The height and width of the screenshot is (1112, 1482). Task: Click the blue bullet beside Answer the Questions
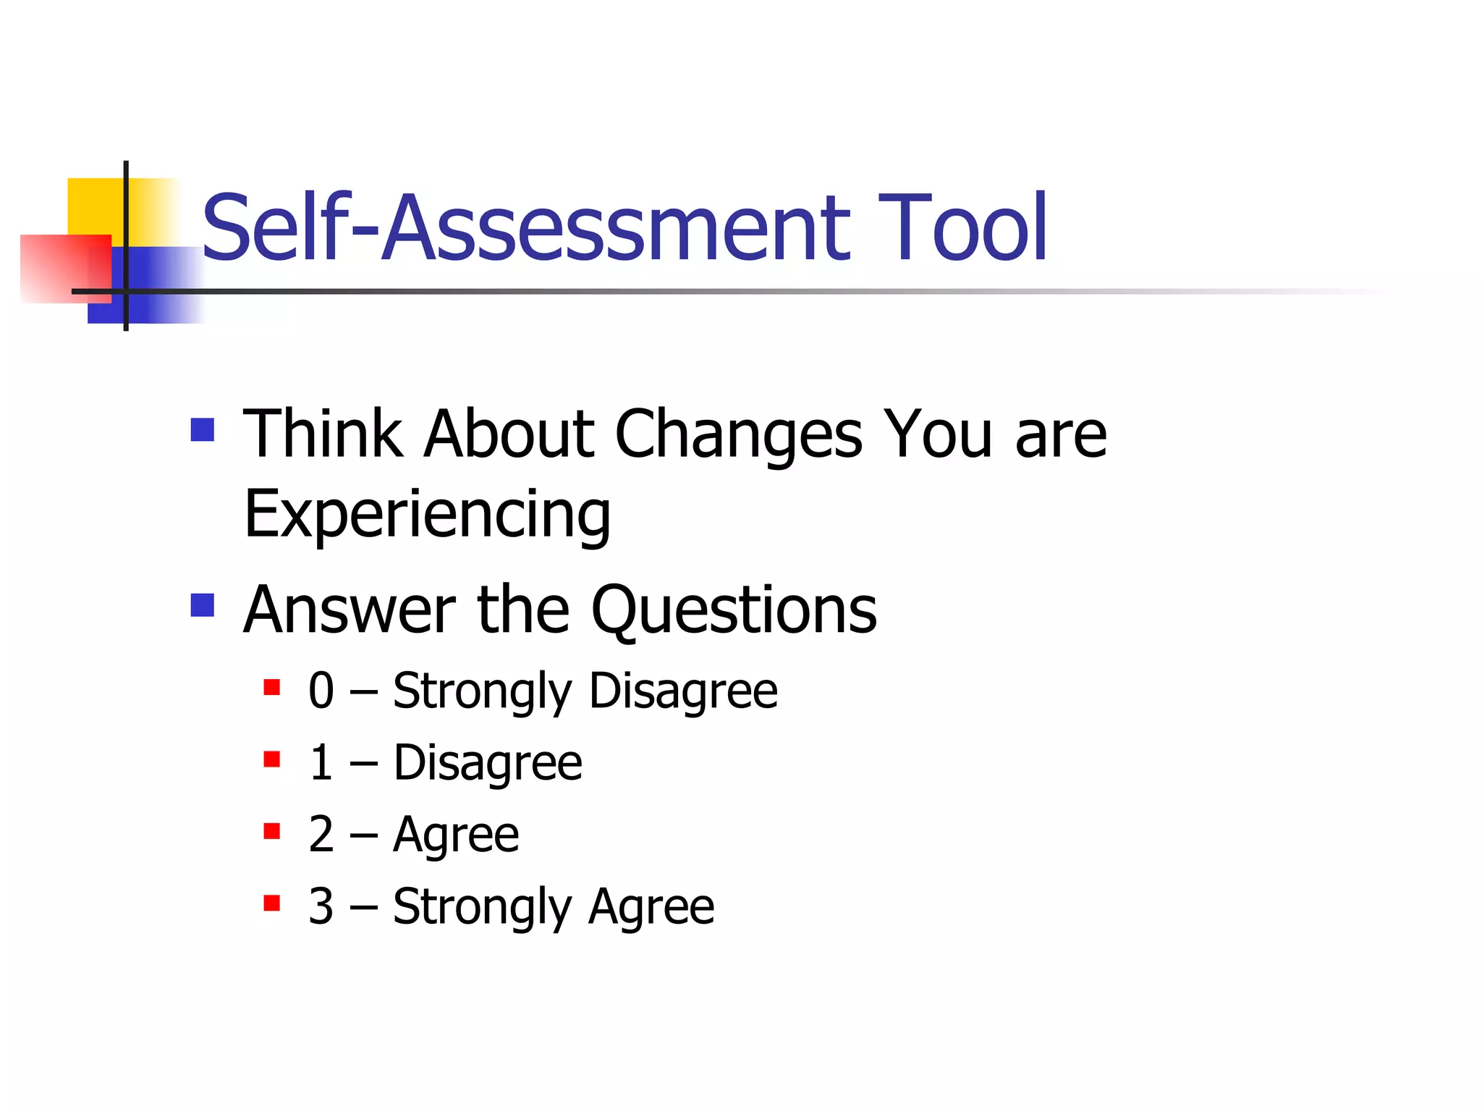coord(203,605)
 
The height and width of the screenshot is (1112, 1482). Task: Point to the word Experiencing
coord(427,514)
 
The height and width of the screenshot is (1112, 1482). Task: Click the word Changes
coord(738,434)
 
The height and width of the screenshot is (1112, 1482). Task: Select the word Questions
coord(734,610)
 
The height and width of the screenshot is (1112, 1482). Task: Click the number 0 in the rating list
coord(321,690)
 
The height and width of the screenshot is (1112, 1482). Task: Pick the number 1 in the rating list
coord(321,762)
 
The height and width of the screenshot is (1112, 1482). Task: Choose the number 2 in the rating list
coord(321,834)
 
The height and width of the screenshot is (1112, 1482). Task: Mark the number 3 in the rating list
coord(321,906)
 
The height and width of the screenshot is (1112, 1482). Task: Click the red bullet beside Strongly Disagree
coord(272,686)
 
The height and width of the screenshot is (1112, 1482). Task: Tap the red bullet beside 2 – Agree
coord(272,830)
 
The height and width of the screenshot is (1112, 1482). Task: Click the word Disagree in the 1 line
coord(488,763)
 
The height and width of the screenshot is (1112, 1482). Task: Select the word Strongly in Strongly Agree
coord(482,907)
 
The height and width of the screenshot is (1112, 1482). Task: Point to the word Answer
coord(350,610)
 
